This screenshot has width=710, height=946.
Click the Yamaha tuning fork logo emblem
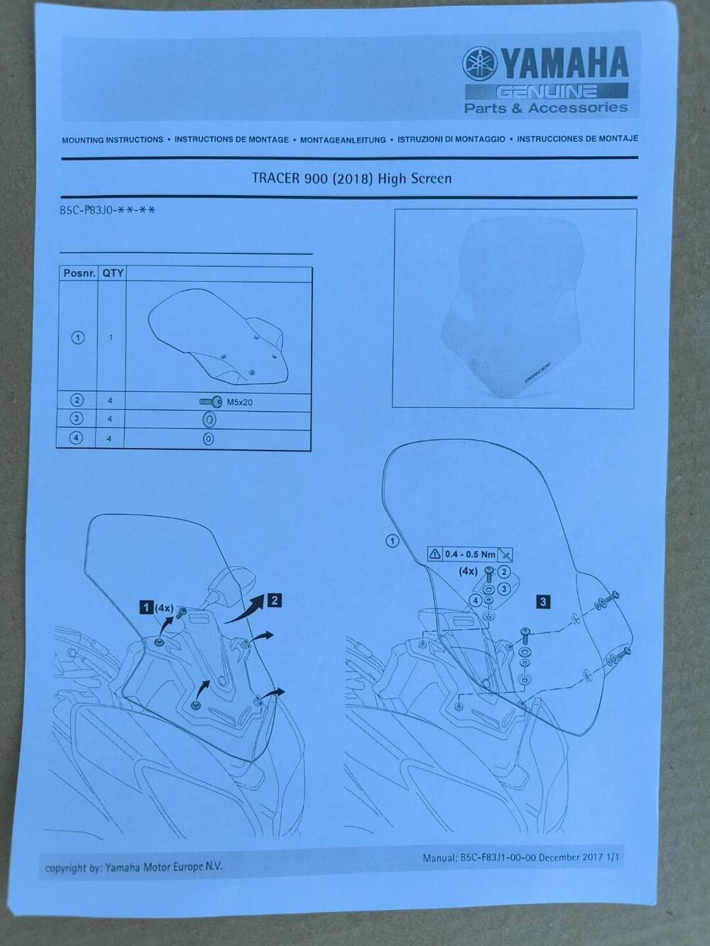(480, 64)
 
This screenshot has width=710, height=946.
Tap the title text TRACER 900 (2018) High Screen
(351, 178)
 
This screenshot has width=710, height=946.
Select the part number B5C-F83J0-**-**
(107, 210)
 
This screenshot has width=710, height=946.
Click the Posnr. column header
(80, 273)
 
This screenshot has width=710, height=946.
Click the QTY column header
(113, 273)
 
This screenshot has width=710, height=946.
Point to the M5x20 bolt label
(240, 402)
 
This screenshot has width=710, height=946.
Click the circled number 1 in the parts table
(78, 338)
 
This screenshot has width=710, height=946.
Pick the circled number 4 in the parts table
(76, 438)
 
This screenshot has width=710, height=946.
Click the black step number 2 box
(275, 600)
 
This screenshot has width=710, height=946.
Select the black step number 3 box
(543, 602)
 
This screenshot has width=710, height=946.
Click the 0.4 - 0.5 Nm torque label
(470, 554)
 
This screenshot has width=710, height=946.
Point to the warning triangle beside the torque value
(435, 554)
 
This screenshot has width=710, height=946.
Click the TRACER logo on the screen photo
(537, 373)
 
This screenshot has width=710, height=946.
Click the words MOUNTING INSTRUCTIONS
(112, 140)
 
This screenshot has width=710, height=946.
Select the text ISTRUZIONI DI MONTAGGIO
(451, 140)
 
